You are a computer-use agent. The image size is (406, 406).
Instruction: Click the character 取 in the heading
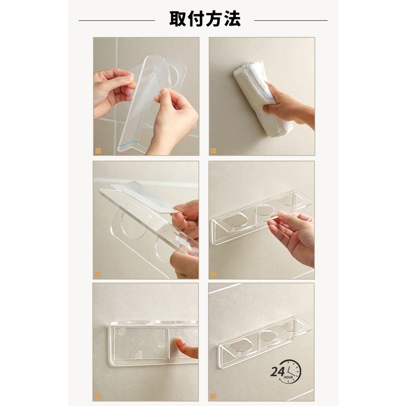178,19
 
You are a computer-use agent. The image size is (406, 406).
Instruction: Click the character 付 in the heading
196,19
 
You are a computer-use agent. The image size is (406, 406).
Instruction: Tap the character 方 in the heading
214,19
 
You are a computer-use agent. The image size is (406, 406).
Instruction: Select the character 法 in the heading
232,19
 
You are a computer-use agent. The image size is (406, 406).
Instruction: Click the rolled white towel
262,97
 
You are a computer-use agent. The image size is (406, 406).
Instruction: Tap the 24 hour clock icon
286,371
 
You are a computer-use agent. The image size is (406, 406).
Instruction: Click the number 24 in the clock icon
277,371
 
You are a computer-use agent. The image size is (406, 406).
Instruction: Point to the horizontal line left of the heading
117,20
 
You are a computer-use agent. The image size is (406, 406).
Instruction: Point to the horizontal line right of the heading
291,20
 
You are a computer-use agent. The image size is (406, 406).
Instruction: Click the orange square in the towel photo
213,151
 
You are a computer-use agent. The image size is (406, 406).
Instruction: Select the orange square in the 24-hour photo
213,397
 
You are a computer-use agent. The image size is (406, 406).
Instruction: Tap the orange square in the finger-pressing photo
97,397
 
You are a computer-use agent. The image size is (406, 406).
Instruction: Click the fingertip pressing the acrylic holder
179,343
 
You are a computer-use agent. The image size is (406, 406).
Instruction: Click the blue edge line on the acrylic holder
129,143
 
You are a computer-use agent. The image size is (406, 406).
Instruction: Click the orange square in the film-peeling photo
98,151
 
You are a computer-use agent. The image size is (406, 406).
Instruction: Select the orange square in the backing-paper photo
98,274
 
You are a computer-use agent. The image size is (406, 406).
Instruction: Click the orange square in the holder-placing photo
213,274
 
